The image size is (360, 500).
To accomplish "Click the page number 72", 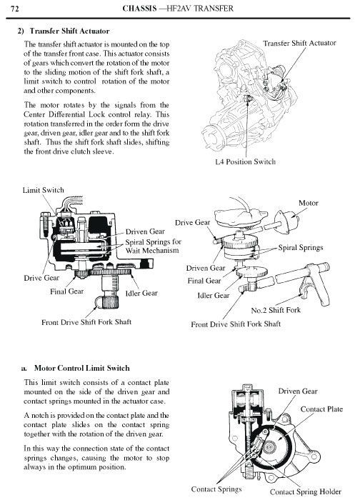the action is [15, 9].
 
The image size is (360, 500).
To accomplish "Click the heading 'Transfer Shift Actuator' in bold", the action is [69, 31].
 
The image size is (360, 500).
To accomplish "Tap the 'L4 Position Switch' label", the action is [245, 161].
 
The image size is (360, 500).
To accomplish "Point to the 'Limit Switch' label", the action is [44, 190].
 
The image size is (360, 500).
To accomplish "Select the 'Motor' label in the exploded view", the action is [309, 203].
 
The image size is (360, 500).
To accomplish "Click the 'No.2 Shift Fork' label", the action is [276, 310].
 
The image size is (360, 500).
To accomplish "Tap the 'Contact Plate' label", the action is [321, 409].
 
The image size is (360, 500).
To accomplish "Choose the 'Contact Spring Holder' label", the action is [306, 491].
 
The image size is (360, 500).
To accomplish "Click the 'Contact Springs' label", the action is [216, 489].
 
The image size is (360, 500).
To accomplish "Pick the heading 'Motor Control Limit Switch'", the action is [82, 368].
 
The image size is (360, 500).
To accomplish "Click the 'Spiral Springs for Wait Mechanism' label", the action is [153, 246].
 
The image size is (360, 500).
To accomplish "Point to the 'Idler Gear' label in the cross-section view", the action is [141, 293].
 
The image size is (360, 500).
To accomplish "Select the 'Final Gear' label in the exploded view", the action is [204, 281].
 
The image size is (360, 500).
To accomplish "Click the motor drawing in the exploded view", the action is [287, 221].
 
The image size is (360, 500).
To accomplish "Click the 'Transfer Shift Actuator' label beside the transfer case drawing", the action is [299, 43].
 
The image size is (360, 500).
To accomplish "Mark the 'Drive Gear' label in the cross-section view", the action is [41, 278].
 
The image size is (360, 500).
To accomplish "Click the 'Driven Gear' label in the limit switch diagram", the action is [298, 391].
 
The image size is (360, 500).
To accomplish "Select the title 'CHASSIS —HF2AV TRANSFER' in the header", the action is [178, 9].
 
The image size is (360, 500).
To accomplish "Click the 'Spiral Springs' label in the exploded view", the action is [301, 248].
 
